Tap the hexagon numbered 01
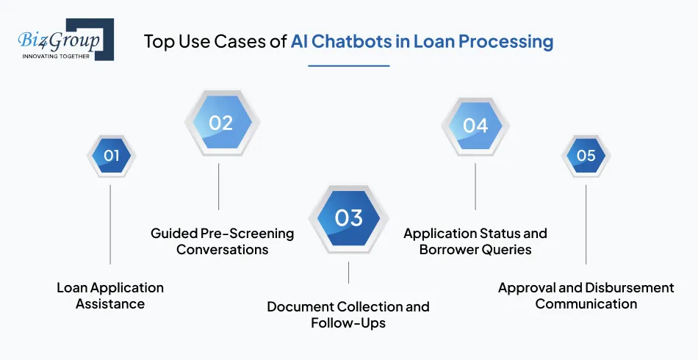pyautogui.click(x=111, y=156)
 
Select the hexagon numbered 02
pyautogui.click(x=220, y=123)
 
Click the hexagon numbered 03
pyautogui.click(x=348, y=218)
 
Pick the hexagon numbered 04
pyautogui.click(x=475, y=126)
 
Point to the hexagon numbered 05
pyautogui.click(x=586, y=156)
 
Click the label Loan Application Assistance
pyautogui.click(x=110, y=295)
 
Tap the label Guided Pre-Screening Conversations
pyautogui.click(x=222, y=241)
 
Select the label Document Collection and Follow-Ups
pyautogui.click(x=348, y=314)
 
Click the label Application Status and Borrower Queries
pyautogui.click(x=475, y=241)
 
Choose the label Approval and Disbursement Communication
pyautogui.click(x=586, y=295)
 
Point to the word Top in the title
pyautogui.click(x=158, y=41)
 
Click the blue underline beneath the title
pyautogui.click(x=348, y=65)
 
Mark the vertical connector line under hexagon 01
pyautogui.click(x=110, y=224)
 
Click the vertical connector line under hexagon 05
pyautogui.click(x=586, y=224)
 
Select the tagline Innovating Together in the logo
pyautogui.click(x=57, y=56)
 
